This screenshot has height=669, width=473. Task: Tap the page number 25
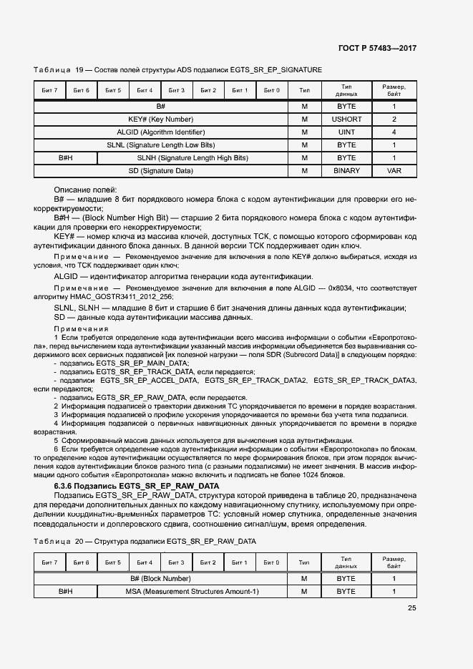coord(411,608)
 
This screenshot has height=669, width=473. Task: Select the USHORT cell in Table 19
coord(346,119)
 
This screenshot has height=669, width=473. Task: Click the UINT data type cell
coord(346,132)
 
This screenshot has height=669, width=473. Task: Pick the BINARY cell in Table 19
coord(346,171)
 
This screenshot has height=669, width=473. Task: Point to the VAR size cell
coord(394,171)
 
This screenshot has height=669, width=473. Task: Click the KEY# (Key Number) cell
coord(160,119)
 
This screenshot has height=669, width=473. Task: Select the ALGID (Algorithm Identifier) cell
coord(160,132)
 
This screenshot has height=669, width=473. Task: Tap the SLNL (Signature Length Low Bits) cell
coord(160,145)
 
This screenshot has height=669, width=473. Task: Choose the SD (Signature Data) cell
coord(160,171)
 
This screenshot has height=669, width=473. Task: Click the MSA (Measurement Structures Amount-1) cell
coord(192,592)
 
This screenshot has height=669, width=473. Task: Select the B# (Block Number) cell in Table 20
coord(160,578)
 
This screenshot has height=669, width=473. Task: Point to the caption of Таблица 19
coord(177,70)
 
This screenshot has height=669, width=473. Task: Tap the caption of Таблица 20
coord(145,541)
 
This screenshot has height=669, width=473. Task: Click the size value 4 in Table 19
coord(394,132)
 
